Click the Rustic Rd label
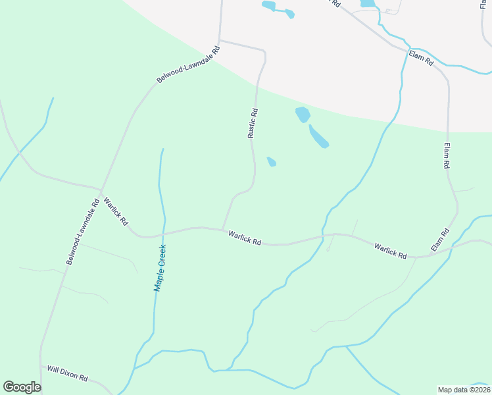point(253,123)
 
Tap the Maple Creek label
point(160,268)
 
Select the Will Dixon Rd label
point(67,373)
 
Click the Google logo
point(22,387)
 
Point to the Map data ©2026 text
point(464,390)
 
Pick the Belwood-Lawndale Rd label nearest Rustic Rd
point(187,65)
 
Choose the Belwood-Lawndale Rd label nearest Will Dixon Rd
point(82,232)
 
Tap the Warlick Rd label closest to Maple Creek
point(115,211)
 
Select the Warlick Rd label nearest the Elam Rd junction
point(391,250)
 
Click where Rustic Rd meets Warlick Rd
point(222,229)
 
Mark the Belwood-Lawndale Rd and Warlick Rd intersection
point(100,192)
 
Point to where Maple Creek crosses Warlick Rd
point(164,232)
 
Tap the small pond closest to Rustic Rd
point(271,161)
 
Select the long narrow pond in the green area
point(318,136)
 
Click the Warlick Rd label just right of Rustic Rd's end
point(245,238)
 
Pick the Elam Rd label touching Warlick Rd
point(440,240)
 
